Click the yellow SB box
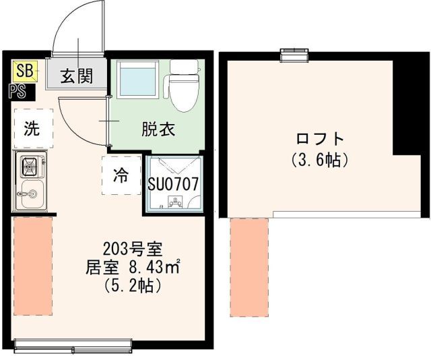24,69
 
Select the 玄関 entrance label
76,76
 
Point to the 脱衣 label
158,129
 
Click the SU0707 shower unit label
172,183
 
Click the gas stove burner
31,165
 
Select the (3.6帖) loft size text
320,160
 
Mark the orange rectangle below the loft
248,267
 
